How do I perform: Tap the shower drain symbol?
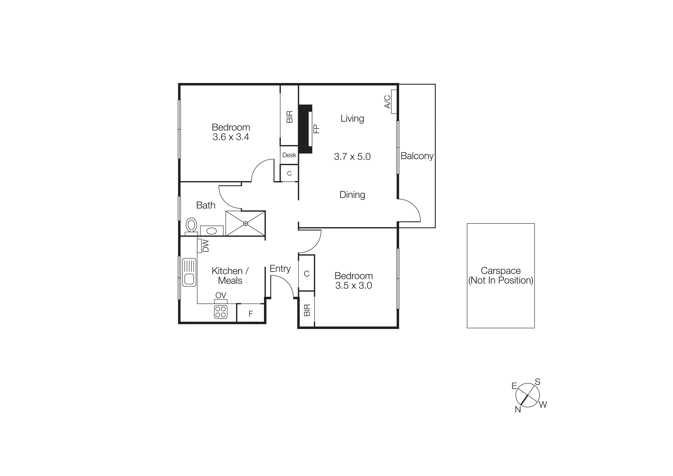(x=246, y=224)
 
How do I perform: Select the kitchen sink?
(x=189, y=272)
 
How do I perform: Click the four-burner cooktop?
(x=221, y=312)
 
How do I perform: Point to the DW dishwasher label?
(x=205, y=246)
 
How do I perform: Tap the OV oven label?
(x=221, y=295)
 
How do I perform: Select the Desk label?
(x=289, y=155)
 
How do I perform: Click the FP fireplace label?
(x=316, y=129)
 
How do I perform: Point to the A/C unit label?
(x=387, y=101)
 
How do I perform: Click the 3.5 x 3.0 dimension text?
(x=354, y=285)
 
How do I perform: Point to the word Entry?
(x=280, y=269)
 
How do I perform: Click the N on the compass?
(x=518, y=409)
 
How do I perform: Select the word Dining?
(x=352, y=195)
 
